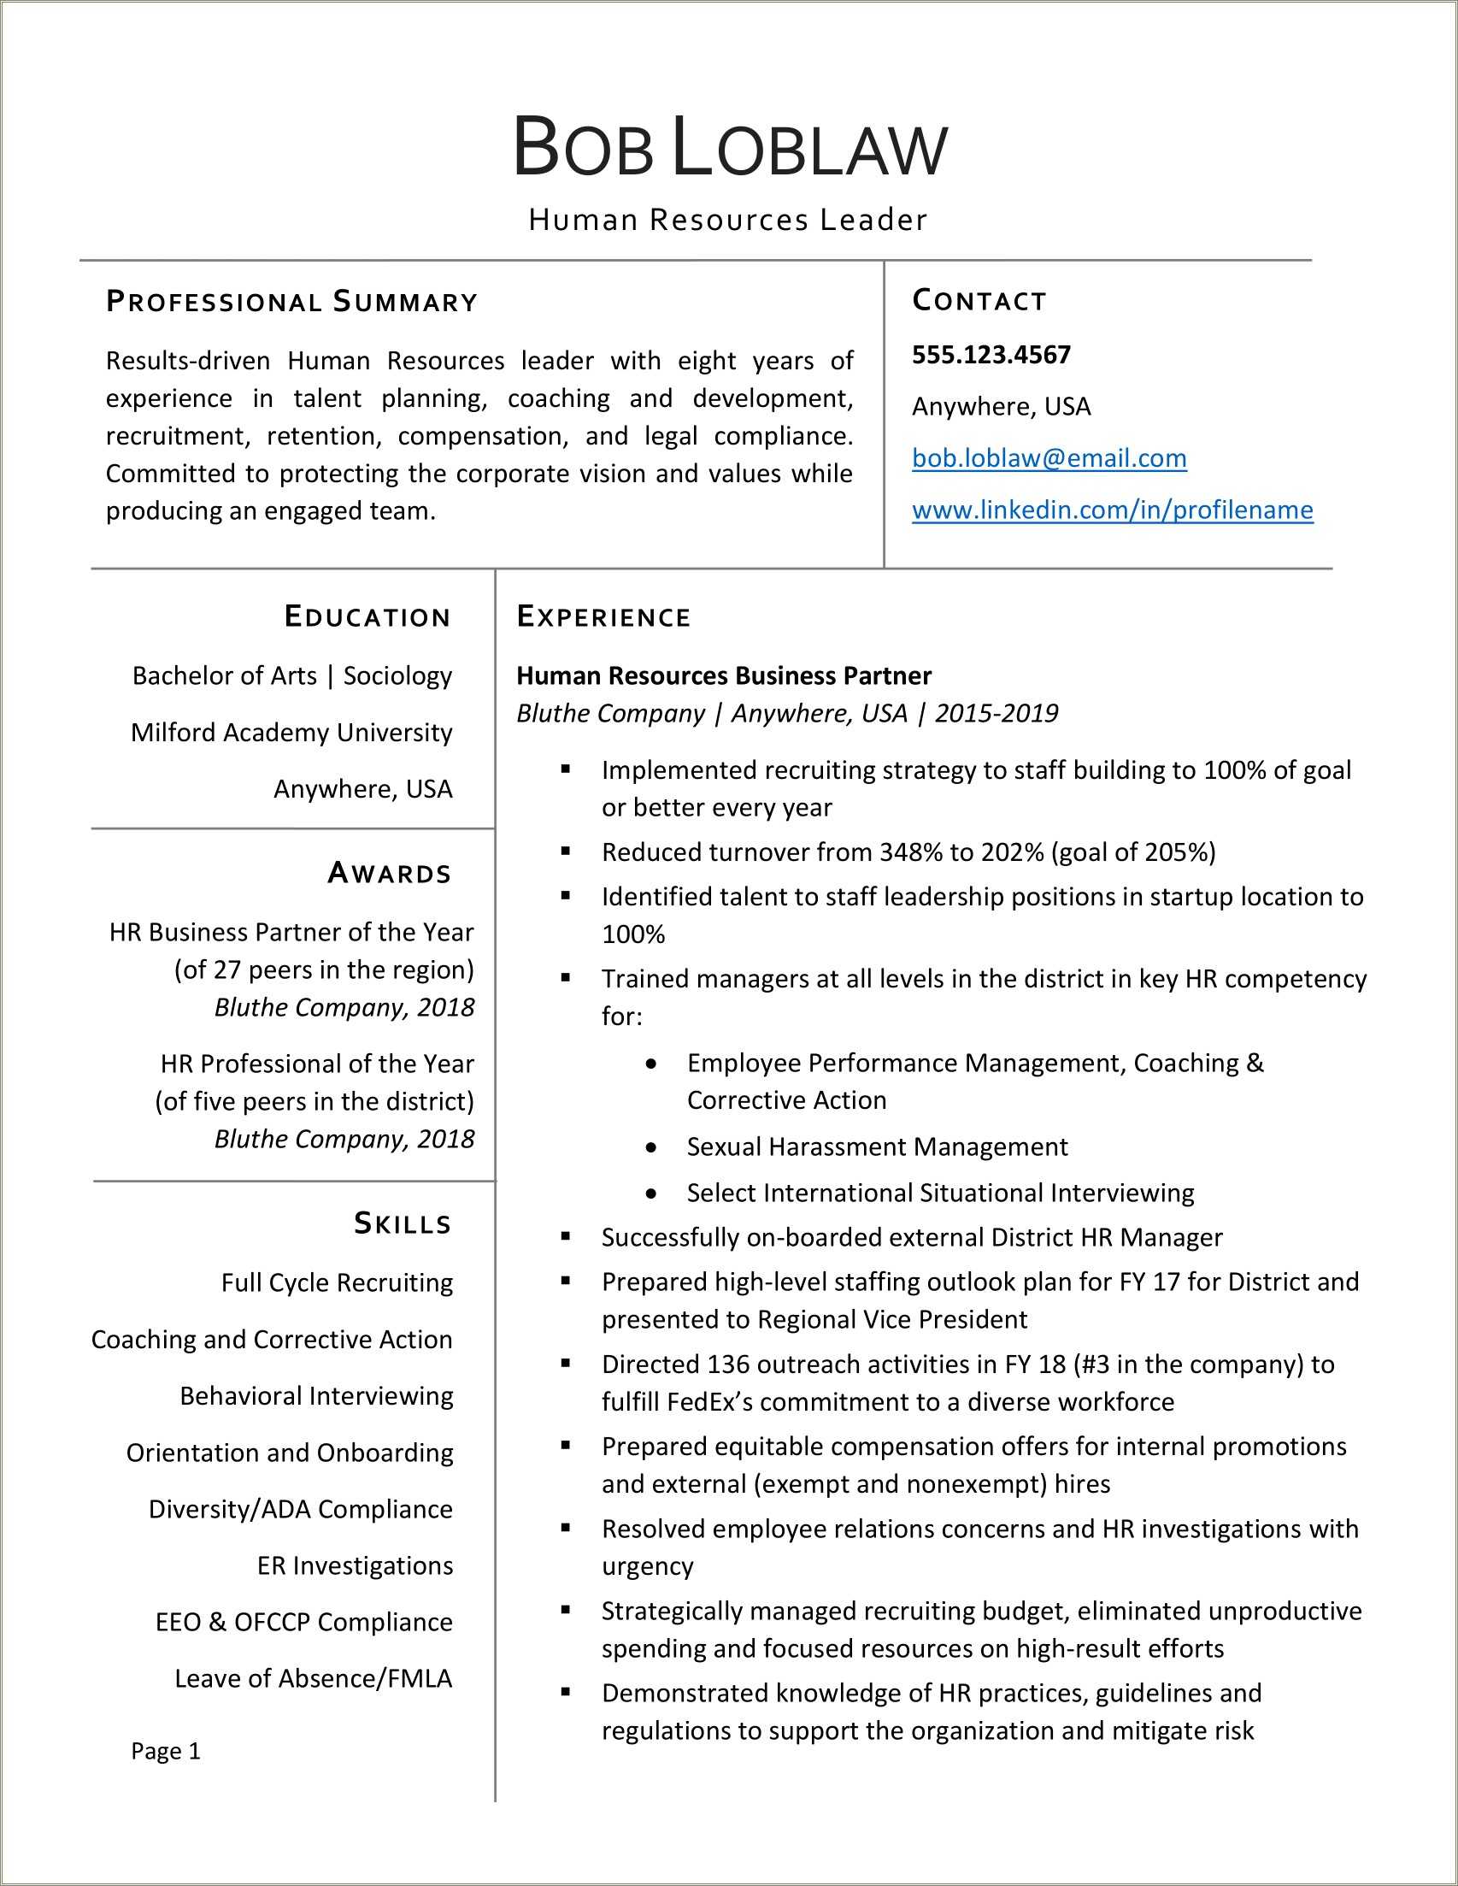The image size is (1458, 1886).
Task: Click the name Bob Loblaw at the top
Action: pyautogui.click(x=730, y=147)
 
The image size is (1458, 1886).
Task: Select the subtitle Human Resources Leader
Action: pyautogui.click(x=727, y=221)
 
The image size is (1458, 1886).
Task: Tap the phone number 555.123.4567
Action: pyautogui.click(x=991, y=355)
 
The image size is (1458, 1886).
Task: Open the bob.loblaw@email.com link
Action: pyautogui.click(x=1049, y=457)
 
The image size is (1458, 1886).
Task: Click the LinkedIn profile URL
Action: pyautogui.click(x=1112, y=510)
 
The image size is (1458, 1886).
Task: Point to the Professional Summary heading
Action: pyautogui.click(x=291, y=303)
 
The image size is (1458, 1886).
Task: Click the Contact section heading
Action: pyautogui.click(x=979, y=301)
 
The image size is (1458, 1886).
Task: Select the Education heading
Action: pyautogui.click(x=367, y=616)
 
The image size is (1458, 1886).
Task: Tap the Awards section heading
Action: pyautogui.click(x=390, y=873)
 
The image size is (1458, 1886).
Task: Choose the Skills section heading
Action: pyautogui.click(x=403, y=1223)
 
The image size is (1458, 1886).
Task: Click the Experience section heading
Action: pyautogui.click(x=603, y=616)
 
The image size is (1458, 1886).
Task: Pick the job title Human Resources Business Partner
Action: pyautogui.click(x=723, y=675)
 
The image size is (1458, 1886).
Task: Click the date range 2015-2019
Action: pyautogui.click(x=996, y=713)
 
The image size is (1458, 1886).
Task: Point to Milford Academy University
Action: pyautogui.click(x=291, y=733)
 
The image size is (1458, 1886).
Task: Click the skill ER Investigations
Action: pyautogui.click(x=355, y=1565)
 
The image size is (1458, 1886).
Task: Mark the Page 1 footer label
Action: pyautogui.click(x=166, y=1750)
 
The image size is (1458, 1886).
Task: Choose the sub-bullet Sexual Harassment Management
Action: pyautogui.click(x=877, y=1146)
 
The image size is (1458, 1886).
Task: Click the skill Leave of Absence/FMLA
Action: pyautogui.click(x=314, y=1679)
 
